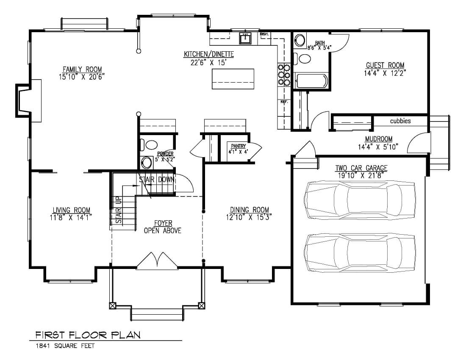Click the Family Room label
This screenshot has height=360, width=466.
[x=82, y=69]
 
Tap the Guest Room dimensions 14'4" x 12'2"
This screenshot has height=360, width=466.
[x=385, y=72]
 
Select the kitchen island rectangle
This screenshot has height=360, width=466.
[x=234, y=79]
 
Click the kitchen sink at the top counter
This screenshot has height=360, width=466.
[x=245, y=39]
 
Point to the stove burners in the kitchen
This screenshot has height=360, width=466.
[x=283, y=74]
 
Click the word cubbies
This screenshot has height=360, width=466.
[x=400, y=121]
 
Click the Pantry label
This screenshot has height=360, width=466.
[x=239, y=146]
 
